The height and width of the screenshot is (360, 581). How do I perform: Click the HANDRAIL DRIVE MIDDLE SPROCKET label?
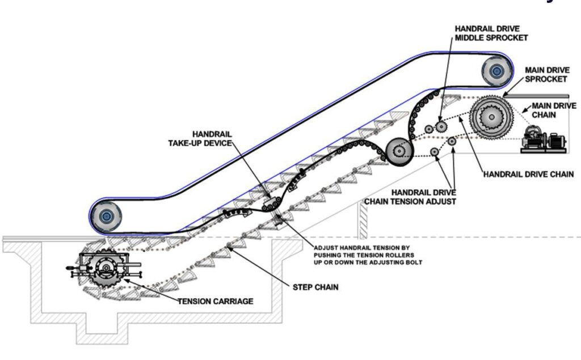point(491,33)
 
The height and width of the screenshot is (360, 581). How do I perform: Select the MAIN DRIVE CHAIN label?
point(553,110)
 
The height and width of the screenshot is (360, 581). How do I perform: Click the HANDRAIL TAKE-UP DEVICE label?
point(200,138)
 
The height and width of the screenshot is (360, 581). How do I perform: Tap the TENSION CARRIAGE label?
point(216,301)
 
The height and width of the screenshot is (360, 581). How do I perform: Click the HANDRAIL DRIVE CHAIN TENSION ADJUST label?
point(410,196)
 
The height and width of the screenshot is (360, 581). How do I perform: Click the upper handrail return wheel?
point(496,71)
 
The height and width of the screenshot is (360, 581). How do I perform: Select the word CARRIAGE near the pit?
point(233,301)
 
